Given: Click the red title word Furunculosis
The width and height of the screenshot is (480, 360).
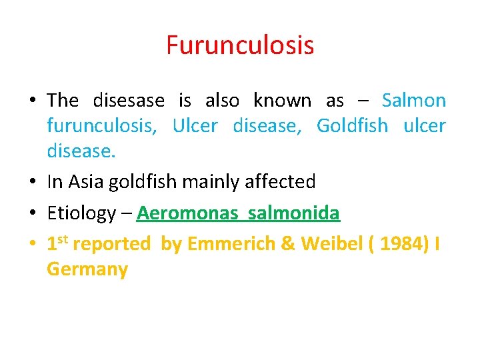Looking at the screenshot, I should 240,46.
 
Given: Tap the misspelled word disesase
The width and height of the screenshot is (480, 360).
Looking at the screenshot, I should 129,101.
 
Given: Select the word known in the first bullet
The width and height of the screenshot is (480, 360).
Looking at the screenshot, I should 282,101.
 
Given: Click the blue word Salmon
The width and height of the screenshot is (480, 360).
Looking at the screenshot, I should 414,101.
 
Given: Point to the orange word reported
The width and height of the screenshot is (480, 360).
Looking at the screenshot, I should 112,244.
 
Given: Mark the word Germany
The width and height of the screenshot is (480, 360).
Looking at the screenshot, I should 87,269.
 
